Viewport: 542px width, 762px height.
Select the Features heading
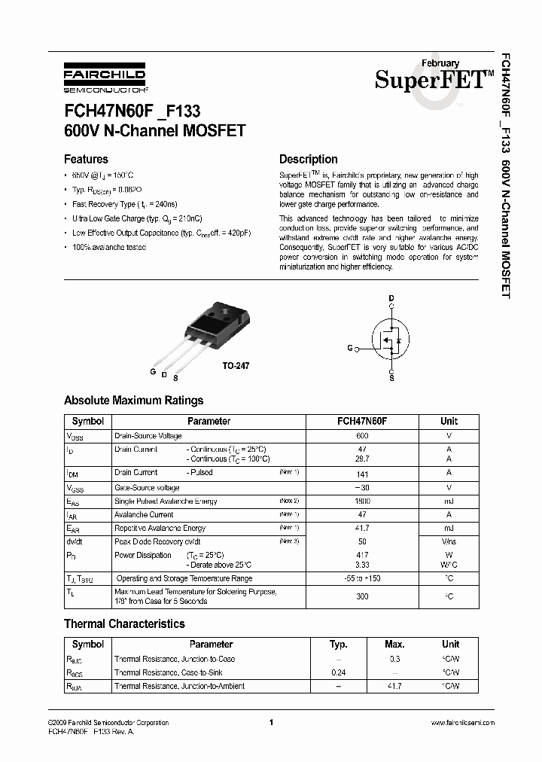coord(86,160)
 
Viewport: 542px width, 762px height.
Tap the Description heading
coord(308,160)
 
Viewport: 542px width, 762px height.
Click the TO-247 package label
coord(235,365)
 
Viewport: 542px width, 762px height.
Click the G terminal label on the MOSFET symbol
coord(349,349)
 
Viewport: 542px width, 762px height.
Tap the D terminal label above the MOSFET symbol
coord(391,299)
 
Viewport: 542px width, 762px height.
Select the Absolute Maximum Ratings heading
coord(133,401)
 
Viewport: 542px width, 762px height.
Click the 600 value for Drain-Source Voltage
coord(361,436)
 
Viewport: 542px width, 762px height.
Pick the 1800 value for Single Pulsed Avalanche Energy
coord(362,501)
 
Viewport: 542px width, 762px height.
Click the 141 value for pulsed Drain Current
coord(362,473)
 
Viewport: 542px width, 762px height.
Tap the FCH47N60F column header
coord(361,422)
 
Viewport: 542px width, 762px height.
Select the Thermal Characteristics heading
coord(124,624)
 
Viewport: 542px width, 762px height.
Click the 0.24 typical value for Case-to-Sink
coord(339,672)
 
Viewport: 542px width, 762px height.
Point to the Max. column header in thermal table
coord(394,645)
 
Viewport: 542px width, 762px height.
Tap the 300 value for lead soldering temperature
coord(362,596)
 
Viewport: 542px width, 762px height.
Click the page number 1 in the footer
coord(269,722)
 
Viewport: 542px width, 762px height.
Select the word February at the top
coord(440,64)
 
